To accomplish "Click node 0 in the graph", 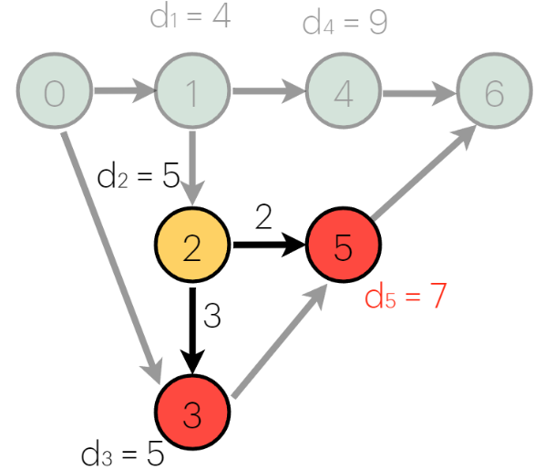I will point(55,92).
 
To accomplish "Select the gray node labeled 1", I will point(192,92).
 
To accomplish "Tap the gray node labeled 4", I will point(343,92).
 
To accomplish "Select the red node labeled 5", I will point(344,247).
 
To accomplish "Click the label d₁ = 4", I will point(190,18).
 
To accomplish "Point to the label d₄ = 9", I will point(345,23).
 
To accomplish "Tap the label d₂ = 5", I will point(138,176).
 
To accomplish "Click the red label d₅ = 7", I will point(404,297).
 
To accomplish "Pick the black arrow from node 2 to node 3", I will point(192,329).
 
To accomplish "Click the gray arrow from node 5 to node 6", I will point(424,173).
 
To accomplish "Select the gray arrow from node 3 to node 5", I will point(278,342).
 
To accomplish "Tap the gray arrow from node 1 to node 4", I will point(269,91).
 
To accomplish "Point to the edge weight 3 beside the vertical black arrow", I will point(212,317).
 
